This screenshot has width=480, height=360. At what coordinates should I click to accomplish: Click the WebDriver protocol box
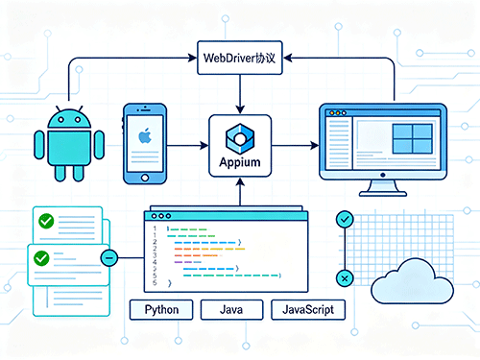coord(240,58)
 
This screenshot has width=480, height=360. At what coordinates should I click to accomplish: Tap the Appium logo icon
coord(240,138)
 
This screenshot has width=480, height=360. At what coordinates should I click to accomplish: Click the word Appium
coord(240,162)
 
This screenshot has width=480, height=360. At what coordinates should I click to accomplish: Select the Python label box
coord(161,309)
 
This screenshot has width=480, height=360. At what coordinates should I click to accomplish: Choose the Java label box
coord(231,309)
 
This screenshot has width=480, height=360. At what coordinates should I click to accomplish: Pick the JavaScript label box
coord(308,309)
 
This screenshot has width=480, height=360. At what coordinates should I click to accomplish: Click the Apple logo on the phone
coord(145,135)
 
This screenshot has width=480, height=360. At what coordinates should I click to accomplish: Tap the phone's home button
coord(145,178)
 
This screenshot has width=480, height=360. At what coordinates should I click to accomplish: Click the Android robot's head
coord(69,119)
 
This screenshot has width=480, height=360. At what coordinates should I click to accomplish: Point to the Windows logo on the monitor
coord(413,138)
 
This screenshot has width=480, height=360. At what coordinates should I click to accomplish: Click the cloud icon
coord(412,281)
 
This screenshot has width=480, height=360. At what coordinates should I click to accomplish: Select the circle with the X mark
coord(345,278)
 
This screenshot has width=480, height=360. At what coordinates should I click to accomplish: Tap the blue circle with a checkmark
coord(345,220)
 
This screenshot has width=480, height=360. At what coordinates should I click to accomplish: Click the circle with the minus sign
coord(109,257)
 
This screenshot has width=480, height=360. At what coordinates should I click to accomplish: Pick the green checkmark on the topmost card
coord(46,221)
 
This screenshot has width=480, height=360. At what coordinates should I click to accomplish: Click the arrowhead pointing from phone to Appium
coord(204,146)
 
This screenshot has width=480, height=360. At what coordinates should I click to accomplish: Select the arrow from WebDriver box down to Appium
coord(240,94)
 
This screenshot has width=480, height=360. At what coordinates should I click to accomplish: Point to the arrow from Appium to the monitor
coord(295,146)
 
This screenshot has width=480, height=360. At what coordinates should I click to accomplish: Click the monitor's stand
coord(383,188)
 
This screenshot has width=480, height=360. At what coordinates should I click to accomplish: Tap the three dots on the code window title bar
coord(161,216)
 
